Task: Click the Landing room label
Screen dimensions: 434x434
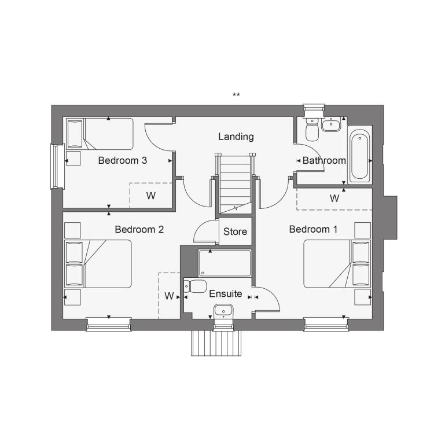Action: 236,137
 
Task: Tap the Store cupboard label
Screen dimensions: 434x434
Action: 235,231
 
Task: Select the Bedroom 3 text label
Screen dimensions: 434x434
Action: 122,160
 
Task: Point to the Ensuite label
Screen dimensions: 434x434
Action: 225,293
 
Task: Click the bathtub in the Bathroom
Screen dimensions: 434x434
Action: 359,156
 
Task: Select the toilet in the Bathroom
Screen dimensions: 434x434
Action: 312,129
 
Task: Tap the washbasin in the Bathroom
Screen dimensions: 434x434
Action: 331,124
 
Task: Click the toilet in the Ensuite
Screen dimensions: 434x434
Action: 195,286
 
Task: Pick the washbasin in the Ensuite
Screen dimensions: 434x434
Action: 223,311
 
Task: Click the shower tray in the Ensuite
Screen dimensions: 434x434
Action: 225,263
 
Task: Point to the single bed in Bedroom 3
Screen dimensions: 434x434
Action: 100,134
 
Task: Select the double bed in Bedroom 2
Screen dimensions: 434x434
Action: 98,264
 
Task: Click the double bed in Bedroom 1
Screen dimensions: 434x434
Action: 337,264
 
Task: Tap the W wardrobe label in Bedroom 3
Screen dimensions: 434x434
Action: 151,196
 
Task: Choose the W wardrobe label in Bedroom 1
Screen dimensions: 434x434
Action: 334,198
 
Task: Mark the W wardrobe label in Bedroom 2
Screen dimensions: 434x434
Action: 169,296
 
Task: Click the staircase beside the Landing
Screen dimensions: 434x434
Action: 236,183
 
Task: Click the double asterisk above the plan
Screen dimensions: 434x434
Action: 236,95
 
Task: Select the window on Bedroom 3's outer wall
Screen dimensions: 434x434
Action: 57,166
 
